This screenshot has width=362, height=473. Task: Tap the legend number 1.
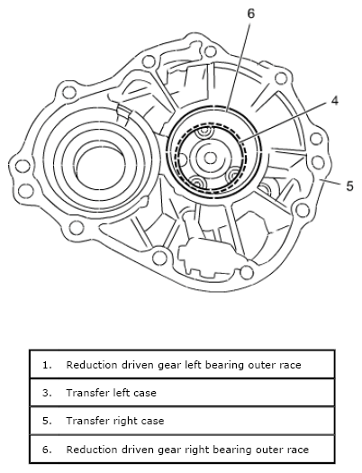[x=46, y=365]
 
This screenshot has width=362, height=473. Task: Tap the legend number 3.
[x=46, y=393]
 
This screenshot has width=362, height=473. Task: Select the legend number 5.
[x=46, y=421]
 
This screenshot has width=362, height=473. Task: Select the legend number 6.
[x=46, y=449]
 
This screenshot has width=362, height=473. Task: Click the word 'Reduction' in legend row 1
[x=90, y=365]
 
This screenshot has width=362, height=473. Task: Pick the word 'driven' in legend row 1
[x=138, y=365]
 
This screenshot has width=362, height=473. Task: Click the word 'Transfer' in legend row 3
[x=86, y=393]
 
